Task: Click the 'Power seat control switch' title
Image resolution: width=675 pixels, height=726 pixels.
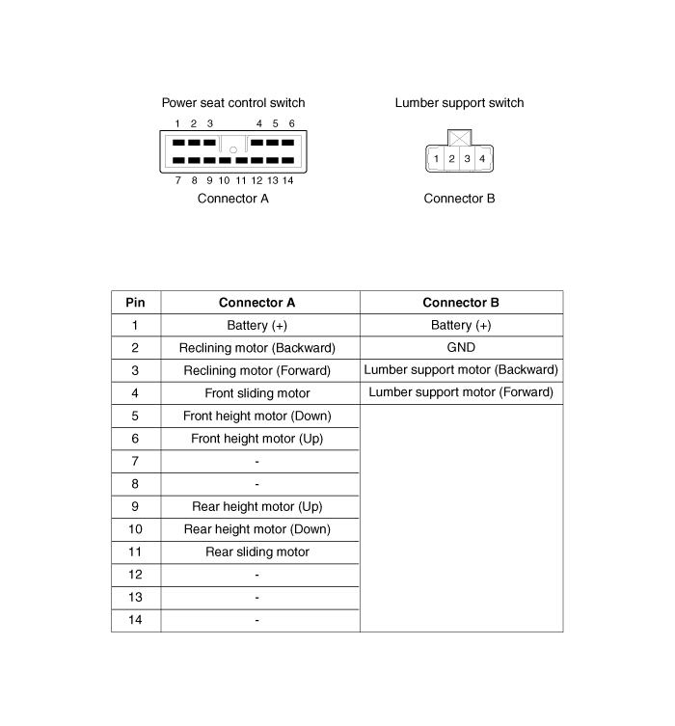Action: coord(232,102)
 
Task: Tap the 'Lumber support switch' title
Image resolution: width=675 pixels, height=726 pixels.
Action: coord(459,102)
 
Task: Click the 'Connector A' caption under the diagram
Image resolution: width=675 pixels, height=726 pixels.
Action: coord(232,199)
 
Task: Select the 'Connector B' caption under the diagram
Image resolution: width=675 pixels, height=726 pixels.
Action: coord(459,199)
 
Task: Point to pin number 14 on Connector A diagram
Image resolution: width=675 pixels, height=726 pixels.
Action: coord(287,180)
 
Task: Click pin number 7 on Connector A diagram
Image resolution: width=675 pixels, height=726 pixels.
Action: coord(178,180)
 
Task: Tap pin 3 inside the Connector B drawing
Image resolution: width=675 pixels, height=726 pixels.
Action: coord(467,158)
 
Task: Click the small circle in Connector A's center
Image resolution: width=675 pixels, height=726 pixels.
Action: coord(233,149)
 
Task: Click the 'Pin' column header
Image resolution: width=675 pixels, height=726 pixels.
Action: coord(136,303)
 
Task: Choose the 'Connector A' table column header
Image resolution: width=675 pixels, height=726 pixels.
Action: coord(257,303)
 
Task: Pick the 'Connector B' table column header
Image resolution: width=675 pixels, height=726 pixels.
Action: coord(461,303)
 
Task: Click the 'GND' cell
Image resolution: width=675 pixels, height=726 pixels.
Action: coord(461,348)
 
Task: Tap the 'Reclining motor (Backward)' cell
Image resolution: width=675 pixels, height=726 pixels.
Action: coord(257,348)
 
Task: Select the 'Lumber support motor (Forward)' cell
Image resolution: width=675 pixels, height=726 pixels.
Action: coord(461,392)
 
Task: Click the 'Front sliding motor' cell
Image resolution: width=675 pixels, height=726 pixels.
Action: coord(257,393)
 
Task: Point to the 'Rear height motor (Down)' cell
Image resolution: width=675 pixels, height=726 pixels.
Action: coord(257,529)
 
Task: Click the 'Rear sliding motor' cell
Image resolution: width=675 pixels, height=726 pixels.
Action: coord(257,551)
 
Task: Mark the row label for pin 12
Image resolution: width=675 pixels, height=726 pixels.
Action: coord(136,575)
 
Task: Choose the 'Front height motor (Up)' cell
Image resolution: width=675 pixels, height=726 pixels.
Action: coord(257,439)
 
